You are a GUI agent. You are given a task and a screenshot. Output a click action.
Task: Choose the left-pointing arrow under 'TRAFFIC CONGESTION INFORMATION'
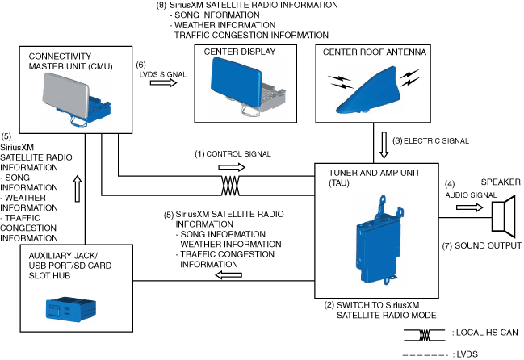pos(231,274)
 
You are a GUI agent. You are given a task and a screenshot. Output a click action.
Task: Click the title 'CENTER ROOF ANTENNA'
pos(368,53)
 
